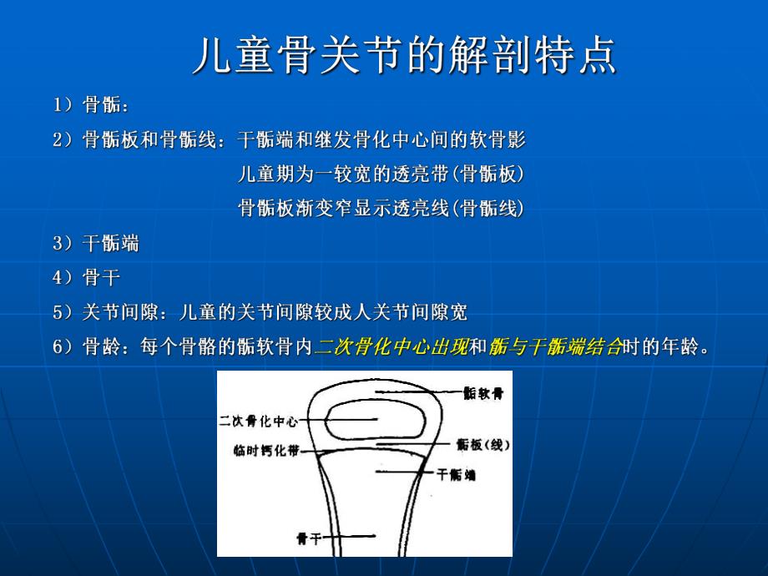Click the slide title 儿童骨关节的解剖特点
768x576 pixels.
pos(404,56)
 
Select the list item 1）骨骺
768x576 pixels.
pos(92,105)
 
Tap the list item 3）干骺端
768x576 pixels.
pos(96,244)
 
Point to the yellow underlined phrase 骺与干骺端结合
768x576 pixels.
pos(556,346)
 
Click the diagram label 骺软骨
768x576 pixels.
pos(485,393)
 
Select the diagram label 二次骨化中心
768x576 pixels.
pos(258,422)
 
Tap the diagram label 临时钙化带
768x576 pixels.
pos(265,452)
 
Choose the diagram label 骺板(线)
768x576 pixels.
pos(483,446)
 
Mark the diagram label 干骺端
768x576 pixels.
pos(457,475)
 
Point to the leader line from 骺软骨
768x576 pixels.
pos(417,391)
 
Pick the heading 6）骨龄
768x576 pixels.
pos(92,346)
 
